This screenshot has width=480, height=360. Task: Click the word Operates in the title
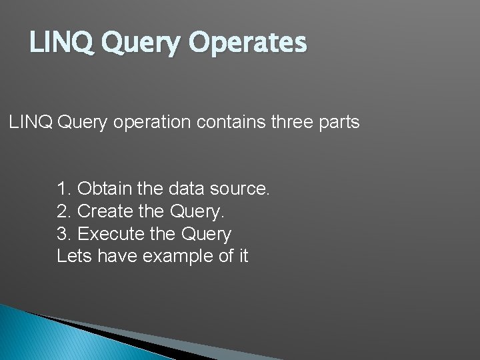[x=248, y=43]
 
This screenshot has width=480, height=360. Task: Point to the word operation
[x=152, y=123]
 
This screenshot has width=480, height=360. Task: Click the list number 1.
[x=64, y=189]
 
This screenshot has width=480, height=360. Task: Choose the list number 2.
[x=64, y=212]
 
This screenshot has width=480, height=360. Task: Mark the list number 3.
[x=64, y=235]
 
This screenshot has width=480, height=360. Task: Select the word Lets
[x=74, y=257]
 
